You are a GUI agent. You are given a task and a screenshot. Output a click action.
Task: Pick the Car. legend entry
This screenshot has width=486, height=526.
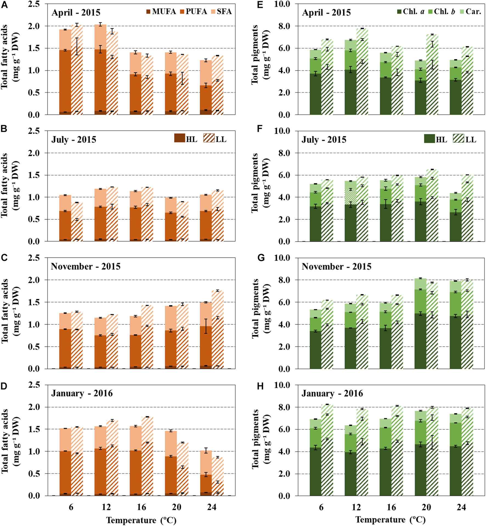tap(470, 12)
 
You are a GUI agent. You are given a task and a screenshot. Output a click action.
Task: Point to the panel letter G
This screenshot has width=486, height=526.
tap(261, 258)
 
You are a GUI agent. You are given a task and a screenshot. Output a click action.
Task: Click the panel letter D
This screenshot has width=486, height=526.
tap(4, 386)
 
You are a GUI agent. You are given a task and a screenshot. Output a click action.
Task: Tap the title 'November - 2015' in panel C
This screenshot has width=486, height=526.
tap(86, 266)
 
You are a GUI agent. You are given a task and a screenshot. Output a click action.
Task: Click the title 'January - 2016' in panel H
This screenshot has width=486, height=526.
tap(332, 394)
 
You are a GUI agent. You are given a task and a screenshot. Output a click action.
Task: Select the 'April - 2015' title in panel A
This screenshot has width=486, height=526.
tap(76, 13)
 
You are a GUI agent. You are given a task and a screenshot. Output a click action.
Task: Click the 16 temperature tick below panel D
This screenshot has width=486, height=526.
tap(142, 507)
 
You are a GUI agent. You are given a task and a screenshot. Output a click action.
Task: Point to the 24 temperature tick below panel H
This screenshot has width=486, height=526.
tap(461, 507)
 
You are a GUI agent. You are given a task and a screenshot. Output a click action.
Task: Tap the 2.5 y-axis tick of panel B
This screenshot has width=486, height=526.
tap(34, 131)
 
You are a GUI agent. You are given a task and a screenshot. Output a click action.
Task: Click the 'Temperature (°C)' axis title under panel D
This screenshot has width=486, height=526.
tap(141, 520)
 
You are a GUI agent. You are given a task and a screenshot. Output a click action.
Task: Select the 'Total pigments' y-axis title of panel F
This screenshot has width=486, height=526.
tap(255, 183)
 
